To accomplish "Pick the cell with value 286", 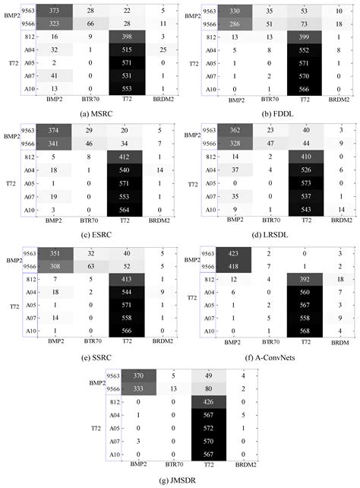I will coord(228,22).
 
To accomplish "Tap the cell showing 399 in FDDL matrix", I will coord(295,36).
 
